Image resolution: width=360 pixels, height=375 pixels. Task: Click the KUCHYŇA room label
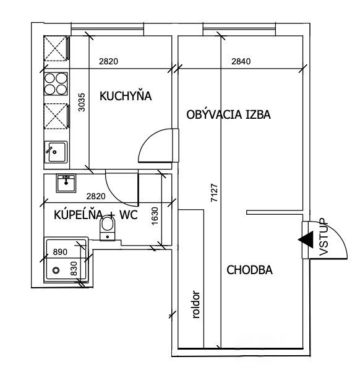click(x=126, y=96)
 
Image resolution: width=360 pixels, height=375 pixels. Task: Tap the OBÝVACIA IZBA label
click(x=228, y=114)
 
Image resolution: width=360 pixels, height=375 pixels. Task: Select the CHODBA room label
click(x=249, y=270)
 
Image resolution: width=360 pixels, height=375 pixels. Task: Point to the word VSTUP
click(x=324, y=237)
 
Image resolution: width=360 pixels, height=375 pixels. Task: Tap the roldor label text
click(x=196, y=304)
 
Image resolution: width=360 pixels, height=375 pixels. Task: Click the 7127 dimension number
click(x=215, y=192)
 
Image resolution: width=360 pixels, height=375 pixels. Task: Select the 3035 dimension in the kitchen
click(x=82, y=102)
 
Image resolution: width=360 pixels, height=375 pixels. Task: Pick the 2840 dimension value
click(x=241, y=61)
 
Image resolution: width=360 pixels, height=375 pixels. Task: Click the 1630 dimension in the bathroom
click(x=155, y=216)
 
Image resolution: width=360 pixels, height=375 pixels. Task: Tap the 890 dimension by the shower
click(x=60, y=252)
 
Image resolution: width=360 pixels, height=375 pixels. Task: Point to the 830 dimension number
click(x=74, y=269)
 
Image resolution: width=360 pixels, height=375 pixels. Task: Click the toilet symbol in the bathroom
click(x=108, y=228)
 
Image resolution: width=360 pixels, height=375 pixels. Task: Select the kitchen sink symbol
click(x=56, y=152)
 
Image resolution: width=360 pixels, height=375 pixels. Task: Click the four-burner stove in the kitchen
click(x=56, y=84)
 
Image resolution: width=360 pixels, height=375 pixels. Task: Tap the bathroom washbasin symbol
click(x=66, y=183)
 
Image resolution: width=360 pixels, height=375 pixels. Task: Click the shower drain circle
click(x=56, y=270)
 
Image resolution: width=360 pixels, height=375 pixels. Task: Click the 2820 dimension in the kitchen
click(x=108, y=61)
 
